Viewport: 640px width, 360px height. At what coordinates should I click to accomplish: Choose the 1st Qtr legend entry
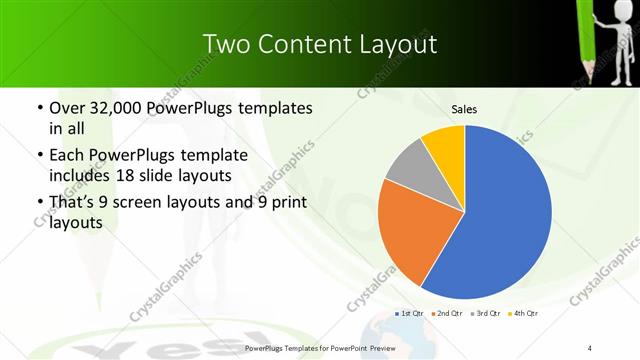(410, 314)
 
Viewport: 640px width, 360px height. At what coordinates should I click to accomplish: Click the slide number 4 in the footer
(590, 347)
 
